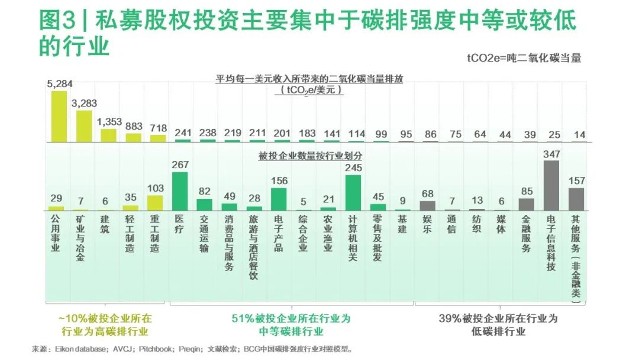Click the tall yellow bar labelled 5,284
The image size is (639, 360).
click(59, 116)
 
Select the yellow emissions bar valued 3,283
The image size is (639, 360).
click(84, 126)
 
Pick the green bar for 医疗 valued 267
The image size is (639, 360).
click(179, 191)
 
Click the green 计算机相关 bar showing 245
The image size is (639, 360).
click(353, 193)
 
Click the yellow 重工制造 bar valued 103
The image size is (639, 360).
click(155, 203)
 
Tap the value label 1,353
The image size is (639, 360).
click(109, 122)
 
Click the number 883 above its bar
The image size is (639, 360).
click(134, 127)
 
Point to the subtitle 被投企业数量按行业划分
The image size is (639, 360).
click(310, 157)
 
